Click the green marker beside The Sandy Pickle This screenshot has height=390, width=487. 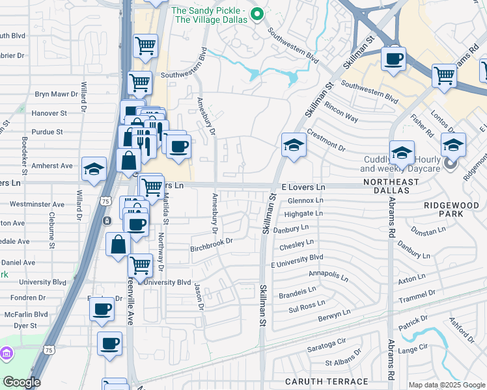coord(257,14)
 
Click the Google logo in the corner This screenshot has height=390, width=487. coord(21,382)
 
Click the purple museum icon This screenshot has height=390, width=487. coord(7,354)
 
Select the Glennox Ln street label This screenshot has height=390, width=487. coord(301,200)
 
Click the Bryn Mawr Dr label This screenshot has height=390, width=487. coord(51,94)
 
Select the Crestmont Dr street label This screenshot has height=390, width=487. coord(326,142)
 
